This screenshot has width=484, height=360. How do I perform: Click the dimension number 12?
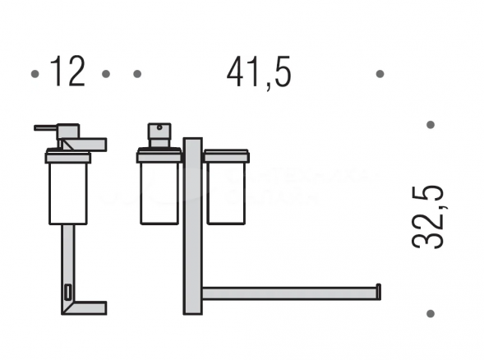68,73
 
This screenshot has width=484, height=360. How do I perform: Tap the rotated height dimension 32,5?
428,216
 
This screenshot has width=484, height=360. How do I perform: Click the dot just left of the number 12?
35,74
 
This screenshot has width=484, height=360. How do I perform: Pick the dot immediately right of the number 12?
106,74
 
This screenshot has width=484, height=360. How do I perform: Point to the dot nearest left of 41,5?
137,74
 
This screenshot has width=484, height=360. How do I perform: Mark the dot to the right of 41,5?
380,74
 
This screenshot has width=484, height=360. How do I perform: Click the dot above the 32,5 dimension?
430,125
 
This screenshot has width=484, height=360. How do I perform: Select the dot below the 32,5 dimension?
430,313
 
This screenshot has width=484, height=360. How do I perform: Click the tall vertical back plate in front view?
192,226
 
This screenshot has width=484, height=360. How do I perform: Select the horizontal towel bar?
288,293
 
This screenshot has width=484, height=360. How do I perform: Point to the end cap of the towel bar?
378,291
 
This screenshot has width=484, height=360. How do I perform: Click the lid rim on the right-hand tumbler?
225,155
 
